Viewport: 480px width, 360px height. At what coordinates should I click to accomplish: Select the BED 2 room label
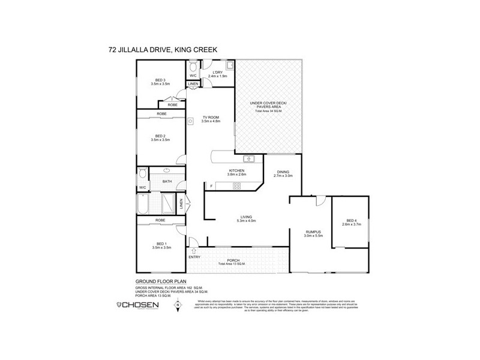160,137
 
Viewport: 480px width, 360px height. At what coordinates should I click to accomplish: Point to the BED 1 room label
160,245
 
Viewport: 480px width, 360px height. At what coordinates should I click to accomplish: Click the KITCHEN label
236,172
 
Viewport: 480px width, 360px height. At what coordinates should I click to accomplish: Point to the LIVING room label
246,217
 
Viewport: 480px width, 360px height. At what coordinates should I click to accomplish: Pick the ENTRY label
195,257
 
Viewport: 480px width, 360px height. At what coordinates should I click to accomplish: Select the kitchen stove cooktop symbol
236,185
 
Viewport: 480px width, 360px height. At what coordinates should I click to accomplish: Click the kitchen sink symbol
250,159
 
